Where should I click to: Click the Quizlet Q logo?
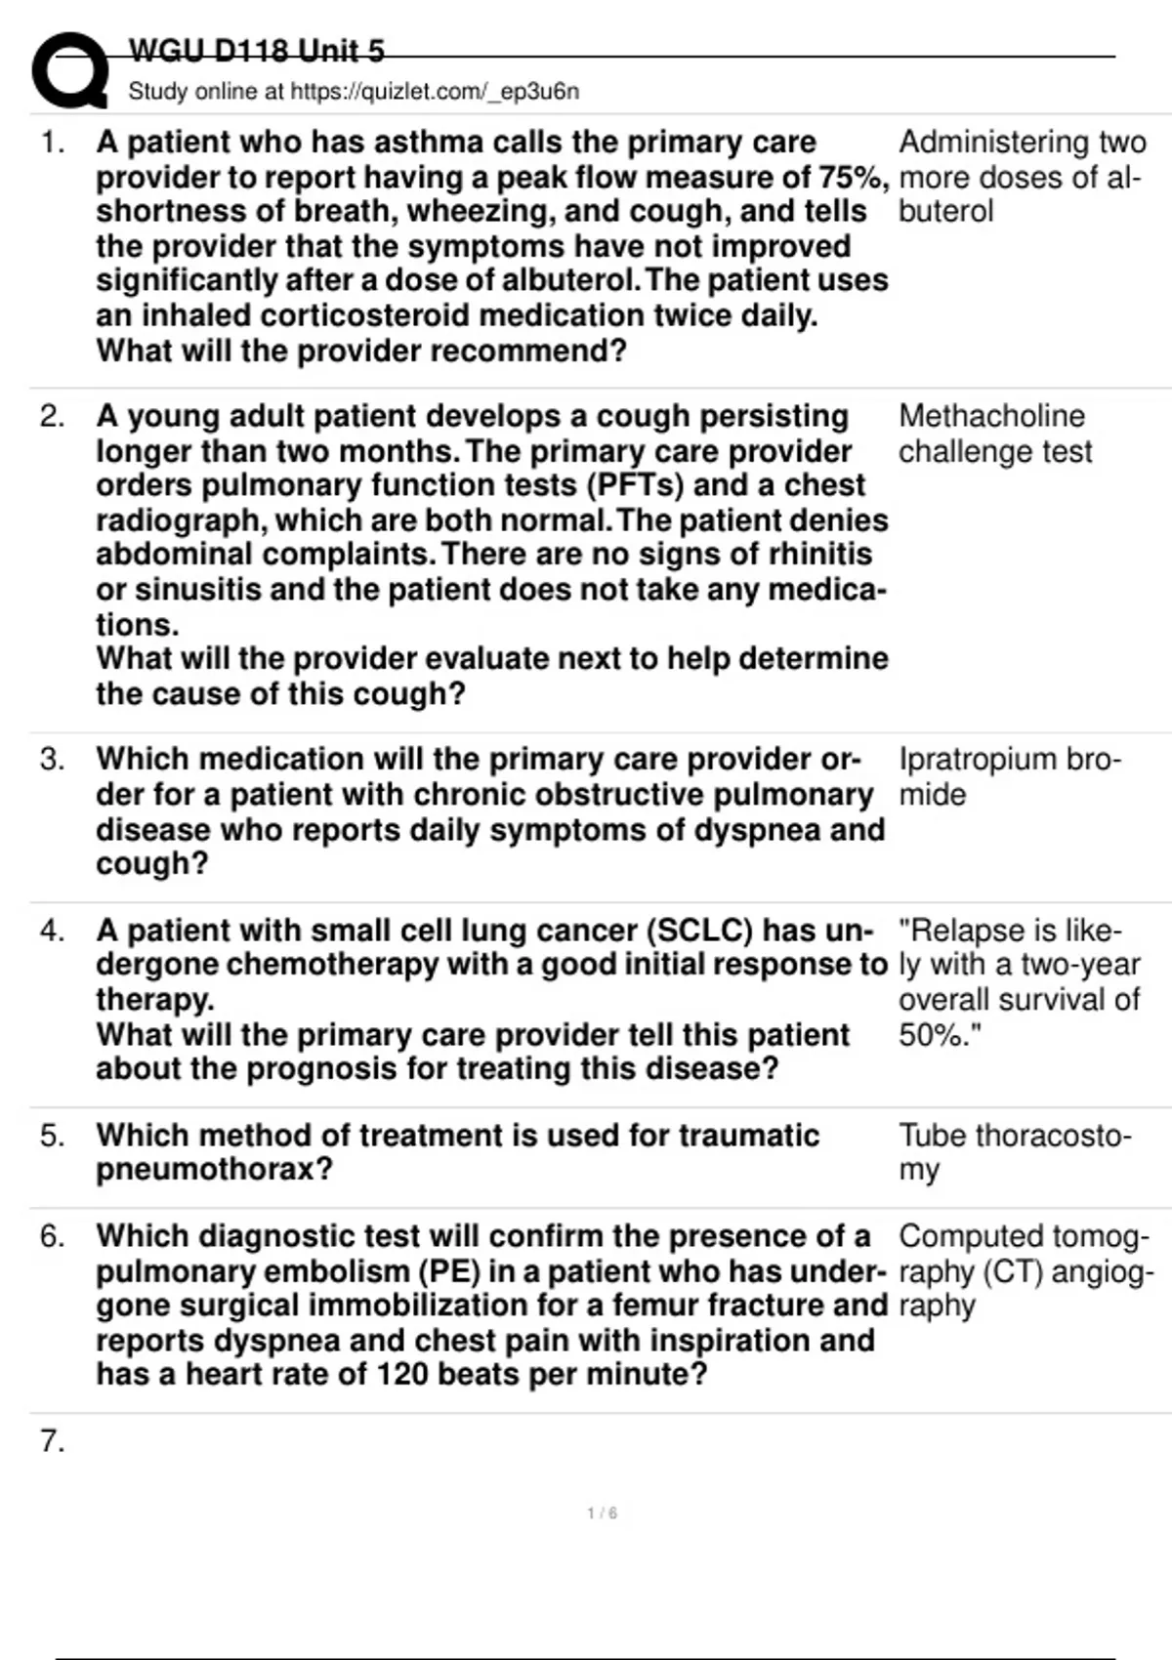pos(68,70)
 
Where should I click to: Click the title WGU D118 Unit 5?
pos(257,50)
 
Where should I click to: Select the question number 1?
pos(53,143)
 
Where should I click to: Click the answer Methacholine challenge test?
pos(993,434)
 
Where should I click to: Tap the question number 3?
pos(53,759)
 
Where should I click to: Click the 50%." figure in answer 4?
pos(940,1035)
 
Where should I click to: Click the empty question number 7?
pos(53,1441)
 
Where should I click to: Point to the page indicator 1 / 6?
pos(602,1514)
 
